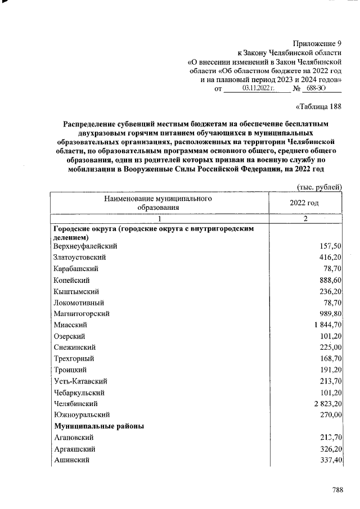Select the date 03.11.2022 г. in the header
258,88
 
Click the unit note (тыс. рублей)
319,187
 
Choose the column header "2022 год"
304,202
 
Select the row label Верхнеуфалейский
85,246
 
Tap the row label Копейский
71,280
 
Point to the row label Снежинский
74,348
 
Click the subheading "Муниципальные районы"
98,426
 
